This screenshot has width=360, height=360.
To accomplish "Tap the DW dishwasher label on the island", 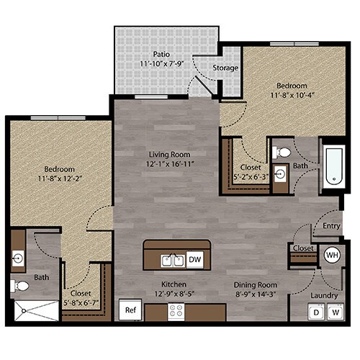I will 194,259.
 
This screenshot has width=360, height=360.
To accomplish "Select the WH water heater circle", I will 332,254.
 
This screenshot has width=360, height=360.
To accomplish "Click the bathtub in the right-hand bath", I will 333,168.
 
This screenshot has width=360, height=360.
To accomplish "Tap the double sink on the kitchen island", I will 168,259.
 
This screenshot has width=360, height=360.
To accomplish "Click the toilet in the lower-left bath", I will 21,286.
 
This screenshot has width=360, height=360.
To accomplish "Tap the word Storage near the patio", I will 225,68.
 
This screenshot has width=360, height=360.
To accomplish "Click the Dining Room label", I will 256,284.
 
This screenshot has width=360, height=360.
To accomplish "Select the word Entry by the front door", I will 332,225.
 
